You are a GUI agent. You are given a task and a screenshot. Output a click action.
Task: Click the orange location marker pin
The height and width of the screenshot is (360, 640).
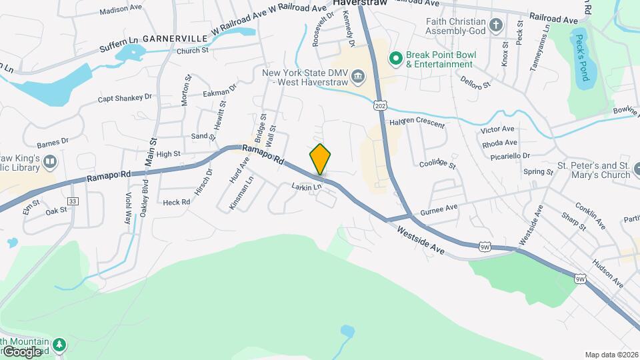click(x=320, y=159)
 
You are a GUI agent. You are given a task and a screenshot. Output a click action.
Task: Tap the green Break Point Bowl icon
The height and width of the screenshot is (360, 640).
click(x=395, y=59)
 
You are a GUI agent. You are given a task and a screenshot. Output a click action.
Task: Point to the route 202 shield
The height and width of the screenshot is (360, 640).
click(x=380, y=106)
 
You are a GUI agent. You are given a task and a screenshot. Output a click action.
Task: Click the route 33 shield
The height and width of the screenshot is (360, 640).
click(x=73, y=201)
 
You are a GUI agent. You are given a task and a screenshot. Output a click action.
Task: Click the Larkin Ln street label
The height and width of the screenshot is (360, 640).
click(x=307, y=187)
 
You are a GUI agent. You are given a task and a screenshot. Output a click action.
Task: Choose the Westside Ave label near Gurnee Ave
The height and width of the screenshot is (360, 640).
click(x=420, y=239)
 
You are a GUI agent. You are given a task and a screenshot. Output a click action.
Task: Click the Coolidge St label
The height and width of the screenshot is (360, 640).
click(x=437, y=164)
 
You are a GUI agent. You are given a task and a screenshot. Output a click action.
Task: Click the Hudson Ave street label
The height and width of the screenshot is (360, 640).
click(x=606, y=274)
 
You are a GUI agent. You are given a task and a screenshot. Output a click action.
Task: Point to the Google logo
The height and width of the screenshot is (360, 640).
click(x=21, y=351)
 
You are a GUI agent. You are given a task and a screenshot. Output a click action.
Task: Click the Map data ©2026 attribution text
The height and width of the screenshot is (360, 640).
click(x=611, y=355)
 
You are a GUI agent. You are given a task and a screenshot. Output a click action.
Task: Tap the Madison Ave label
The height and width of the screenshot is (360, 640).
click(x=121, y=11)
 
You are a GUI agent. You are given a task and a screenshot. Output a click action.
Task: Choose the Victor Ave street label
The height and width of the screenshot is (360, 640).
click(x=497, y=129)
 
